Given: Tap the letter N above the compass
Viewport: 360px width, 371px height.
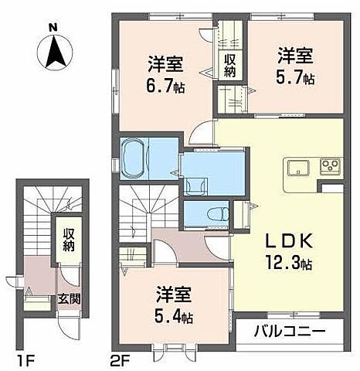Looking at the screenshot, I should (x=53, y=28).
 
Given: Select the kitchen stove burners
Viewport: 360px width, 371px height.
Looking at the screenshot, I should (x=331, y=166).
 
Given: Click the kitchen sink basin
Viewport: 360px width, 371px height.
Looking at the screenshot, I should (x=297, y=167).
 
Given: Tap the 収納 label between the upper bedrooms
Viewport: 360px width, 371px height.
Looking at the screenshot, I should (x=230, y=60).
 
